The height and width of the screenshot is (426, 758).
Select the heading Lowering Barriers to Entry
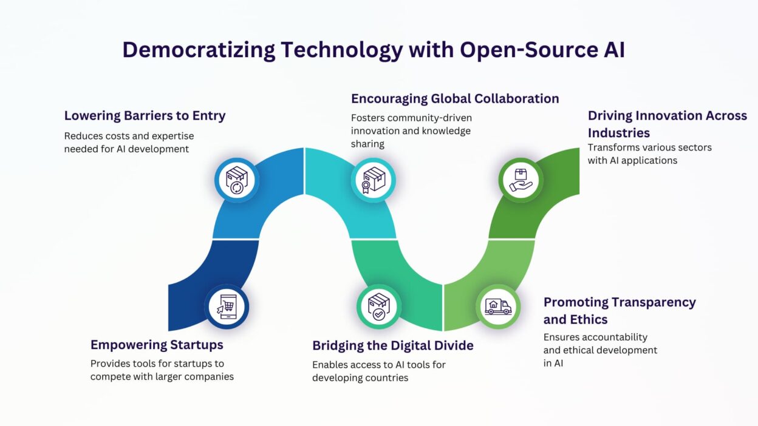point(145,115)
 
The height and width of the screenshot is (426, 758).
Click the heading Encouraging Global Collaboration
point(455,98)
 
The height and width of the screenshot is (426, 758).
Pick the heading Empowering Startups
point(157,345)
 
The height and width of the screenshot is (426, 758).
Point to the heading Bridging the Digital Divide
point(393,345)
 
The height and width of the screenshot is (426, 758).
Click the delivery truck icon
point(498,307)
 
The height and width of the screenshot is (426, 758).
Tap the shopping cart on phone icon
point(227,307)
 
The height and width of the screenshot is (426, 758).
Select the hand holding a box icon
point(521,180)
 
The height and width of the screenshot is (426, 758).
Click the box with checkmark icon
point(379,306)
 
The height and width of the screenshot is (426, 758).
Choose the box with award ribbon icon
point(374,180)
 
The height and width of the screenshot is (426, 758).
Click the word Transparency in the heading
point(654,302)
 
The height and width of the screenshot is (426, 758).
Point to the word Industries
point(619,133)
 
